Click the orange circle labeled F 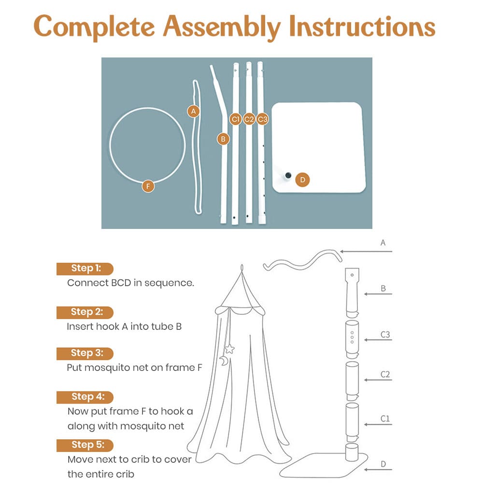coord(148,185)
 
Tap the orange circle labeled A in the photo coord(193,111)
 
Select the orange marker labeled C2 coord(249,119)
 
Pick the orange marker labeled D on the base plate coord(302,180)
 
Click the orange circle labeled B coord(223,139)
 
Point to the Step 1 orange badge coord(85,269)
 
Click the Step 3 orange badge coord(85,353)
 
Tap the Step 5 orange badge coord(85,445)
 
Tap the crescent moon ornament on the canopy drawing coord(224,360)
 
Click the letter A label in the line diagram coord(383,243)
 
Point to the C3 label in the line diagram coord(385,334)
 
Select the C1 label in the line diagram coord(385,419)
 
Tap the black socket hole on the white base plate coord(288,175)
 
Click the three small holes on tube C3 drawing coord(352,337)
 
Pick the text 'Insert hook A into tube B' coord(124,327)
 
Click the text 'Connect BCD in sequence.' coord(130,283)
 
